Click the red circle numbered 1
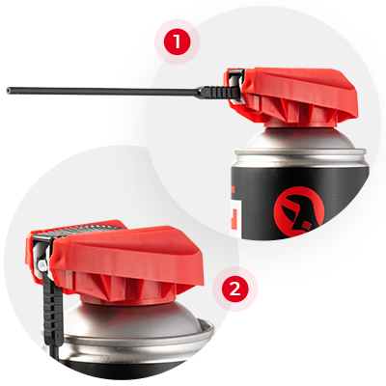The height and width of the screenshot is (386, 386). pyautogui.click(x=177, y=41)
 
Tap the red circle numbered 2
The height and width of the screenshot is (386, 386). pyautogui.click(x=234, y=289)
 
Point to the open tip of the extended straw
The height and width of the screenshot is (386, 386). pyautogui.click(x=9, y=91)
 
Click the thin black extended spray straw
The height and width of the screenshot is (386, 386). pyautogui.click(x=103, y=92)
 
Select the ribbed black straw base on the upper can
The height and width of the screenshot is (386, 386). pyautogui.click(x=219, y=93)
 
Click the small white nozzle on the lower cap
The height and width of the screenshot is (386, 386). pyautogui.click(x=41, y=265)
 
